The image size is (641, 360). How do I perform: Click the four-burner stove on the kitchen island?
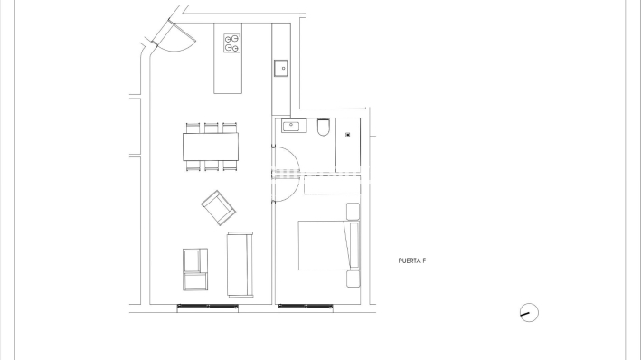tap(232, 43)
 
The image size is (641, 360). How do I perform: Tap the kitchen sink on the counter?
tap(281, 68)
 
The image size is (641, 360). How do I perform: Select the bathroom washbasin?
tap(291, 125)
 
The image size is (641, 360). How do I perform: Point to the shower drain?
tap(350, 135)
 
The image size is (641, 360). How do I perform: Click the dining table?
tap(211, 146)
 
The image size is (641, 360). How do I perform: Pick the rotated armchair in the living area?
tap(218, 207)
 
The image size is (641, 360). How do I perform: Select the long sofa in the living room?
tap(240, 263)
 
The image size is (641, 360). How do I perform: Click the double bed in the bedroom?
tap(323, 243)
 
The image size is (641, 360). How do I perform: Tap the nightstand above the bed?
tap(353, 211)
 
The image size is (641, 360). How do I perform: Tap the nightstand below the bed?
tap(353, 279)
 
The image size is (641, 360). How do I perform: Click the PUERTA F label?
tap(411, 261)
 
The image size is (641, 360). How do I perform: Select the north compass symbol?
tap(529, 313)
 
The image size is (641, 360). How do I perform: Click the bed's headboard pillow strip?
tap(354, 244)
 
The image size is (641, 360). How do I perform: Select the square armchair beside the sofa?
tap(194, 269)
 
